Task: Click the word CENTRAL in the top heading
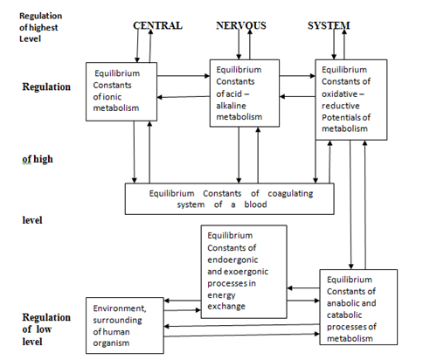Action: click(x=157, y=25)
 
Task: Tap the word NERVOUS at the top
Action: click(x=241, y=25)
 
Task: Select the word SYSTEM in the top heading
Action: click(x=329, y=25)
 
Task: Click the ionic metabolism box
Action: click(x=121, y=92)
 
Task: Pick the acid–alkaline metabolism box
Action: click(x=245, y=93)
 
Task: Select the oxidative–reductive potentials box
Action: click(x=351, y=100)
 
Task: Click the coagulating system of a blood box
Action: click(x=230, y=199)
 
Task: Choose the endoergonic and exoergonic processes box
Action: click(x=244, y=272)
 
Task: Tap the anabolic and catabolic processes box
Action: click(x=358, y=308)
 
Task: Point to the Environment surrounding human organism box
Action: click(x=125, y=326)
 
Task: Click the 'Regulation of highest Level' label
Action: click(x=40, y=27)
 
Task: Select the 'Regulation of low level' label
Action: click(x=46, y=329)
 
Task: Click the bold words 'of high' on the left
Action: click(x=38, y=159)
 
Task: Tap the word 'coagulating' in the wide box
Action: click(x=290, y=194)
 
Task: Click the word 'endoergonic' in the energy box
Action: click(x=232, y=260)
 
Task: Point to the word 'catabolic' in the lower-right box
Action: click(x=344, y=315)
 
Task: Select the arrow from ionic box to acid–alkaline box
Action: click(x=184, y=76)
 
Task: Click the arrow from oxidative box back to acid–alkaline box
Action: click(x=297, y=96)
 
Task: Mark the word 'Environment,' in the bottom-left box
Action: click(x=120, y=308)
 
